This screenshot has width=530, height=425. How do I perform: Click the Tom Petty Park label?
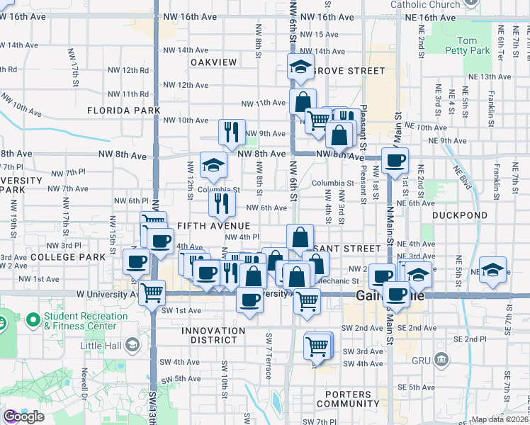pos(473,46)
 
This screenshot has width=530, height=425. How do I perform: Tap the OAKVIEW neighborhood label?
pos(213,62)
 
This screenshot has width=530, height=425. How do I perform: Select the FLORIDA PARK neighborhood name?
pos(124,110)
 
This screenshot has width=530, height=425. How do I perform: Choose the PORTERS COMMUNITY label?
pos(349,399)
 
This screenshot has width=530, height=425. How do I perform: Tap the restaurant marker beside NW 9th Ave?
pos(232,131)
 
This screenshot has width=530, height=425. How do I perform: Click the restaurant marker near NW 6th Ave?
pos(222,203)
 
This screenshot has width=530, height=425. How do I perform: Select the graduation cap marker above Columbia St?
pos(213,165)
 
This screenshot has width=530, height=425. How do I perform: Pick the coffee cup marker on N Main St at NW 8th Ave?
pos(395,159)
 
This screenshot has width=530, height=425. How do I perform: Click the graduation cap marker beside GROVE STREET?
pos(300,67)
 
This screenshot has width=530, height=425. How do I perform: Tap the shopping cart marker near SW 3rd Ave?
pos(316,346)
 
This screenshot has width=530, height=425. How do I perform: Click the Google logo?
pos(23,416)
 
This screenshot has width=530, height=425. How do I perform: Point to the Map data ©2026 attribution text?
pos(500,419)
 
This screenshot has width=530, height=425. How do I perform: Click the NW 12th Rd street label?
pos(128,70)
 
